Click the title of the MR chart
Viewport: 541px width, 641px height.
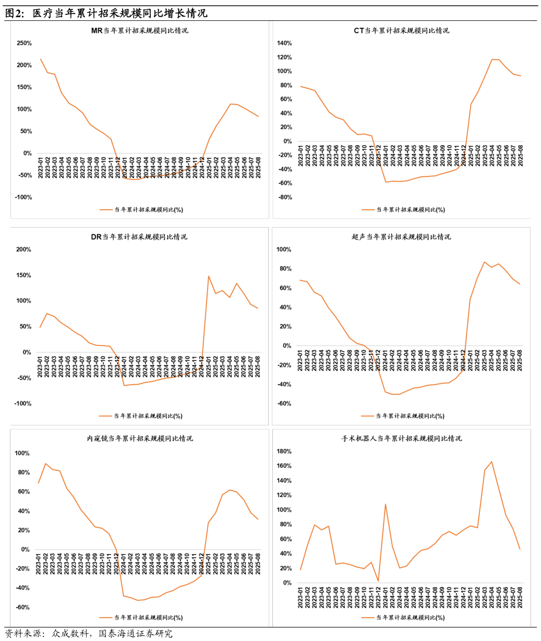[139, 31]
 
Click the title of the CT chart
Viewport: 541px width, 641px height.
[401, 31]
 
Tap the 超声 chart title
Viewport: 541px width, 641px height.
[401, 237]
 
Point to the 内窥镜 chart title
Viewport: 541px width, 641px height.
[139, 438]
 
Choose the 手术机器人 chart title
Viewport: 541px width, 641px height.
[401, 438]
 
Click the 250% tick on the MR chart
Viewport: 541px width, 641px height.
[24, 43]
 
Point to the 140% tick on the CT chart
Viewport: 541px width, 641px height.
[284, 43]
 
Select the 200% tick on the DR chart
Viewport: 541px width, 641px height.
[24, 250]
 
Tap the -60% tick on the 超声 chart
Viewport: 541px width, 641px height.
[284, 403]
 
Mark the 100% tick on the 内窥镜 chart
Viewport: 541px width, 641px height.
[22, 453]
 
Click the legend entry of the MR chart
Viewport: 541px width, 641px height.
[141, 210]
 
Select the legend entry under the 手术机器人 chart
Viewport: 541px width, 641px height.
[403, 618]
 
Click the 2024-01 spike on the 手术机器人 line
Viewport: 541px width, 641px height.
[385, 504]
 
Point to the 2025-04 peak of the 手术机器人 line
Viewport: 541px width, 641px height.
[491, 461]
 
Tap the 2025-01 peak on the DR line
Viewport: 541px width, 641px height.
[209, 276]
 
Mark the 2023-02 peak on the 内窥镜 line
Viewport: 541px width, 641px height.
[45, 464]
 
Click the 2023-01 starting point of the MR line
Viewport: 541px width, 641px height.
[41, 59]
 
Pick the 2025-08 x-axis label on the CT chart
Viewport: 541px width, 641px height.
[520, 156]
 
